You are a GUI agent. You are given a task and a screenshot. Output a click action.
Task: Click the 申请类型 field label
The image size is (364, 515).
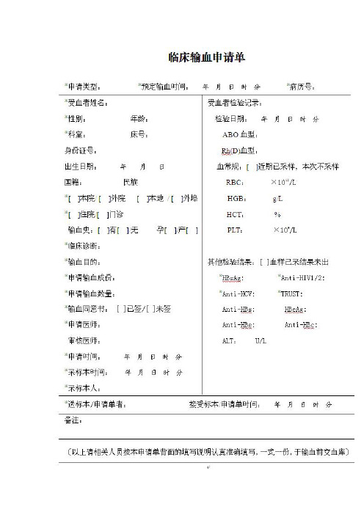click(x=87, y=87)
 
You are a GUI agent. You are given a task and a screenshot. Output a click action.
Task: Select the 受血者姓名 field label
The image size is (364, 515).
click(x=87, y=103)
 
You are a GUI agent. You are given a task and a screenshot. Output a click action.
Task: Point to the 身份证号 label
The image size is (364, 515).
click(x=80, y=150)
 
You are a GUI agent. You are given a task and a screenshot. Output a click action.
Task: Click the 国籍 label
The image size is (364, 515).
click(x=73, y=181)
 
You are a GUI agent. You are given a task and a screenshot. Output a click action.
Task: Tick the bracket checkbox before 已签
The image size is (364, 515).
click(x=120, y=309)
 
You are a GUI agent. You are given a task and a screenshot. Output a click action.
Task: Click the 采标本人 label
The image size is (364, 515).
click(x=83, y=387)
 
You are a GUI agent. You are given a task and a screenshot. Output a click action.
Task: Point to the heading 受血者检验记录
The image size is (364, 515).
click(x=235, y=103)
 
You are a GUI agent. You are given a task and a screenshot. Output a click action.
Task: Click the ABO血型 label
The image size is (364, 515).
click(x=239, y=135)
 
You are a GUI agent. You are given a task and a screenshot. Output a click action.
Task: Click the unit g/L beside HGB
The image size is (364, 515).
click(x=277, y=198)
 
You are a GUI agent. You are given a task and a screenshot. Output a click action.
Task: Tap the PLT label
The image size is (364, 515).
click(x=235, y=230)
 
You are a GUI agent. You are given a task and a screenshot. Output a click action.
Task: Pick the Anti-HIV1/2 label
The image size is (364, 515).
click(x=303, y=277)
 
